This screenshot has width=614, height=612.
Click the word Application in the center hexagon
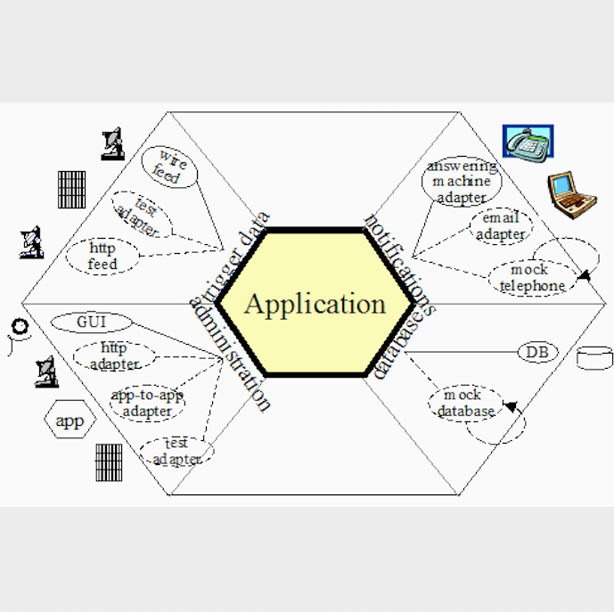[315, 304]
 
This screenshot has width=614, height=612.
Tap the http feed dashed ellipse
[103, 256]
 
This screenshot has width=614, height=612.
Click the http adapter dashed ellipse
[114, 355]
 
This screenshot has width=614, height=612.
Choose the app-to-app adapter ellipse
[147, 404]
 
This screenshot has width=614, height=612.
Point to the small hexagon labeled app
[69, 421]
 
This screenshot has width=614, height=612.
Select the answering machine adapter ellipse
[462, 182]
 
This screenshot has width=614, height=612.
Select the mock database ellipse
[463, 403]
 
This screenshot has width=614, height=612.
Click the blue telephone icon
[528, 143]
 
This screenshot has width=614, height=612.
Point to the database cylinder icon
[594, 358]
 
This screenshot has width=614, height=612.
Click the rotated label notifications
[400, 265]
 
